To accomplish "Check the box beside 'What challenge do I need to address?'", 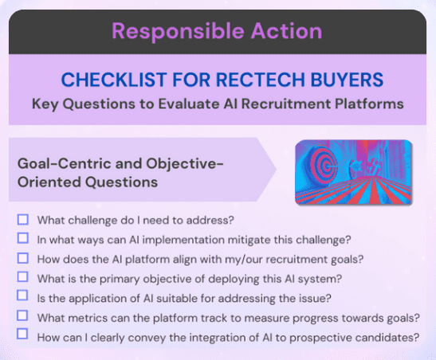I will [23, 219].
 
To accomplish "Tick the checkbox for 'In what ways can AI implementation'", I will [23, 238].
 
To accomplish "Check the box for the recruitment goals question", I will [23, 258].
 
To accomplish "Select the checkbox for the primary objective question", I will [23, 277].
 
